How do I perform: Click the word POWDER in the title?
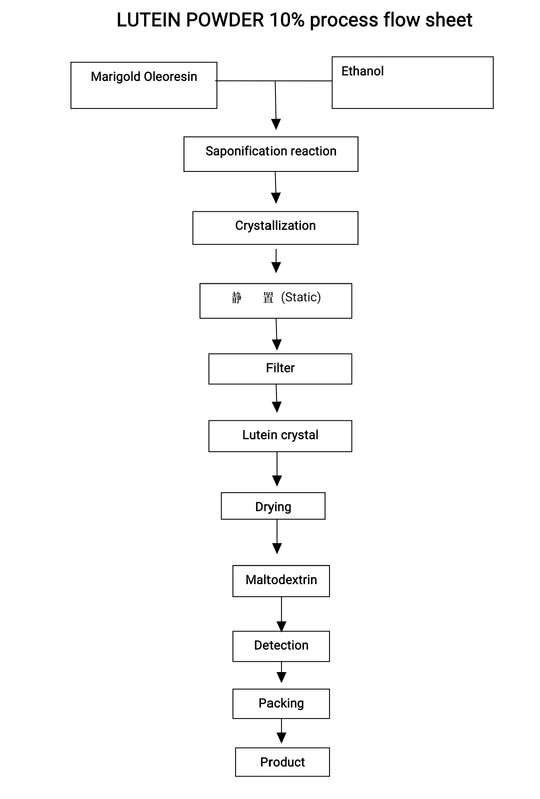[x=225, y=20]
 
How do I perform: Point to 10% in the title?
[x=287, y=20]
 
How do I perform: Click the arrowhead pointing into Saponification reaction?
[x=276, y=124]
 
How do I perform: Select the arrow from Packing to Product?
[x=281, y=731]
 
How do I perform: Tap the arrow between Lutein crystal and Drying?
[x=277, y=469]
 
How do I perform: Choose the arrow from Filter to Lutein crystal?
[x=276, y=398]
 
